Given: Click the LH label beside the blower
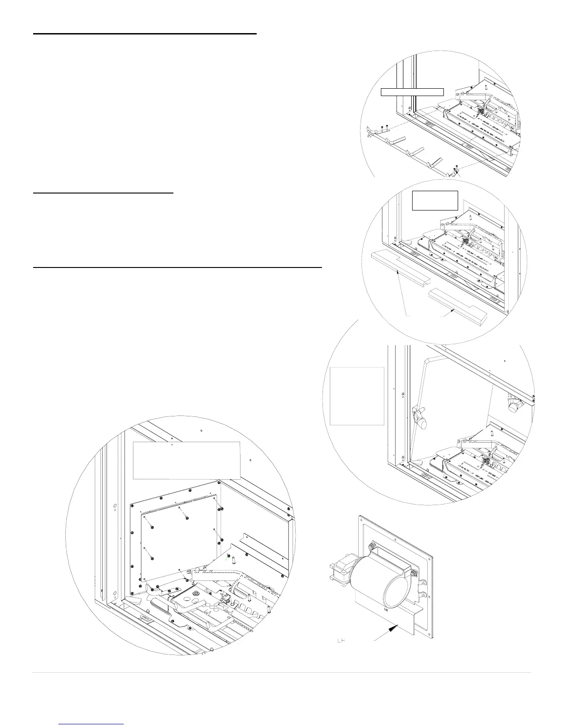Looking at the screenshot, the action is [x=341, y=640].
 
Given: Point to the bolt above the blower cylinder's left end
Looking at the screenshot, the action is [x=371, y=546].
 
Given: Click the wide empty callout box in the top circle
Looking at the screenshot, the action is [x=413, y=92].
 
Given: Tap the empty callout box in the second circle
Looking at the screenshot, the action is [x=435, y=200].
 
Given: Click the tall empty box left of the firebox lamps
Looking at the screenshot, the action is [x=357, y=396].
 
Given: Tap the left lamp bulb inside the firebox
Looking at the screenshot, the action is [x=420, y=414].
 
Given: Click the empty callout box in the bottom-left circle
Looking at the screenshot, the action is [x=186, y=460].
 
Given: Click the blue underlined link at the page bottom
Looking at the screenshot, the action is [x=92, y=724].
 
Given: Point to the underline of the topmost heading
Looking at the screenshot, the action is [x=144, y=34].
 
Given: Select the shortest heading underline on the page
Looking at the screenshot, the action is [x=103, y=194].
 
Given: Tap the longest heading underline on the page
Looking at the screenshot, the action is [x=177, y=266].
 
